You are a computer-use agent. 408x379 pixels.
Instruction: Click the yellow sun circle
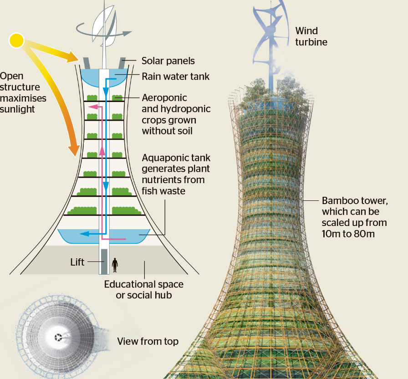[16, 41]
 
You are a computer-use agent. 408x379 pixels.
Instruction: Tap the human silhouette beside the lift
[115, 265]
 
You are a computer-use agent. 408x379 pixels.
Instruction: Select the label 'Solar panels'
[168, 61]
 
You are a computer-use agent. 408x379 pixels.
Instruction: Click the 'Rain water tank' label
[176, 77]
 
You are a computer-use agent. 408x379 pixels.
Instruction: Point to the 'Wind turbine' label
[311, 36]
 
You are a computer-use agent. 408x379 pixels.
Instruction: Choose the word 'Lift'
[77, 262]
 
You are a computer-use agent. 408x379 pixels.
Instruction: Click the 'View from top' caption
[148, 341]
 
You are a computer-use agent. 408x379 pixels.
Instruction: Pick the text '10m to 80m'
[348, 234]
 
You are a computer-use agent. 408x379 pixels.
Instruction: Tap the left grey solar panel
[87, 63]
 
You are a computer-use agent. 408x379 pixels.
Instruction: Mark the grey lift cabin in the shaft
[104, 261]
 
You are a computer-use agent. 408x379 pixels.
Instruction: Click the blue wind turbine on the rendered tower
[270, 44]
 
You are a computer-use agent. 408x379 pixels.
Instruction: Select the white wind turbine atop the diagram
[104, 29]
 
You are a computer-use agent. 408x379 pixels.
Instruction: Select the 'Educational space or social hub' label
[143, 289]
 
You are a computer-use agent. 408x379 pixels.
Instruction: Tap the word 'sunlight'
[17, 109]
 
